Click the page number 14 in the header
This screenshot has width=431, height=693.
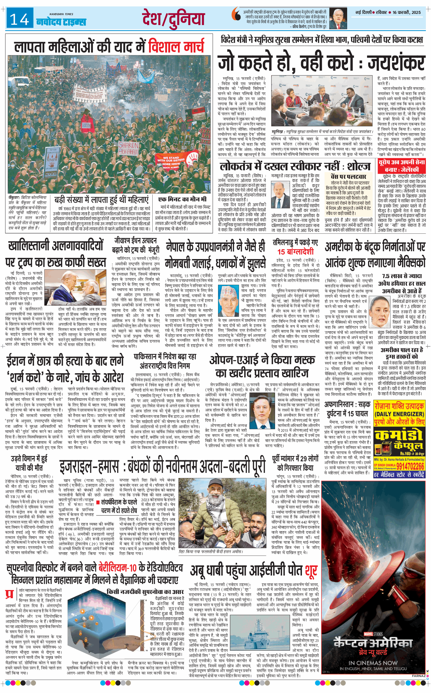pyautogui.click(x=20, y=20)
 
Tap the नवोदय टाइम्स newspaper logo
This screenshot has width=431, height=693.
pyautogui.click(x=61, y=22)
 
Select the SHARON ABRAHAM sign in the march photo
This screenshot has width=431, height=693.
pyautogui.click(x=128, y=148)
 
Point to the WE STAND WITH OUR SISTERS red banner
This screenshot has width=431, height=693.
pyautogui.click(x=171, y=162)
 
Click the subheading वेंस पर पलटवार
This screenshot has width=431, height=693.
pyautogui.click(x=348, y=176)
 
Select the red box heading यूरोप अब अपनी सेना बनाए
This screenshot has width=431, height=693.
pyautogui.click(x=401, y=166)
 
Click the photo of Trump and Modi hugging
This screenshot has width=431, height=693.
pyautogui.click(x=79, y=287)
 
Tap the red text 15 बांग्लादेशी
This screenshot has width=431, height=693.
pyautogui.click(x=295, y=252)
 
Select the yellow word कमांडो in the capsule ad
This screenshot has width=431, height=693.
pyautogui.click(x=398, y=435)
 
